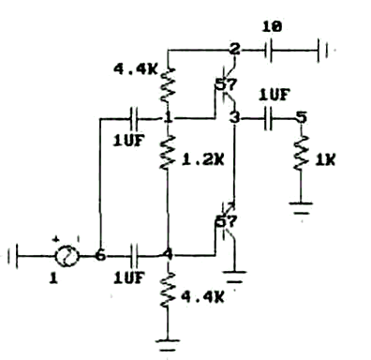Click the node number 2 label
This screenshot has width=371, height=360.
pos(234,49)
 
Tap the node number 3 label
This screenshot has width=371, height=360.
pos(234,118)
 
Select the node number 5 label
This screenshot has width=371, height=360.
pos(301,118)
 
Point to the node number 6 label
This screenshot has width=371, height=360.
pos(100,255)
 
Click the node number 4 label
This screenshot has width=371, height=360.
pos(169,255)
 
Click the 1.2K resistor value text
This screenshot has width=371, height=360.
pos(203,160)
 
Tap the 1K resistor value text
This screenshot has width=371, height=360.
pos(325,160)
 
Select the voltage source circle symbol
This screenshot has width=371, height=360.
pos(67,256)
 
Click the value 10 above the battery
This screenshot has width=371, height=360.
pos(272,27)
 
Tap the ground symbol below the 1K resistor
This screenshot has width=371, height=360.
pos(301,208)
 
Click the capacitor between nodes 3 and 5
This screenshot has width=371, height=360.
pos(268,118)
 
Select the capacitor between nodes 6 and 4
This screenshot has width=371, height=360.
pos(134,256)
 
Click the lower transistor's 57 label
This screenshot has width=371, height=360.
pos(227,222)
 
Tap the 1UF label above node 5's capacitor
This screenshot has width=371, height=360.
pos(275,96)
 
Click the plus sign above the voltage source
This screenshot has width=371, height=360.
pos(55,239)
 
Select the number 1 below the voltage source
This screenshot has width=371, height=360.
pos(53,277)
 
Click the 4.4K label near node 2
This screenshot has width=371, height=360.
pos(135,69)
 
